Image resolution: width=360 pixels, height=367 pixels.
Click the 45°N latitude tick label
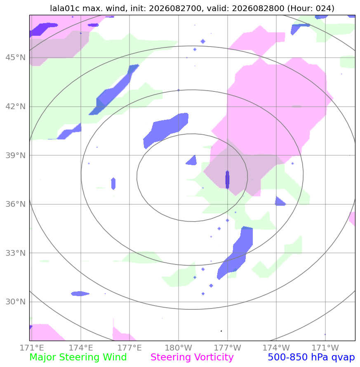point(16,57)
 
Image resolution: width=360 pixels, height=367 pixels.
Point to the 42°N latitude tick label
point(16,107)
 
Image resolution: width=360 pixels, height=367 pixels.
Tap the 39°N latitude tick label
point(16,155)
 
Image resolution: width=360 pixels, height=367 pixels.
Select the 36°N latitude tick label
point(16,204)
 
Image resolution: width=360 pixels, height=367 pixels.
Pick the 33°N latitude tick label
point(16,253)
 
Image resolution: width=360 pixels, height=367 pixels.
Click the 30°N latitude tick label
point(16,302)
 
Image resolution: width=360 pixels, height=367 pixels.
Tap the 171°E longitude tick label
point(32,348)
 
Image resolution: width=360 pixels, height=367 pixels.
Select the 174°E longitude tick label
point(81,348)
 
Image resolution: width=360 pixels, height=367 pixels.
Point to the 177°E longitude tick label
point(129,348)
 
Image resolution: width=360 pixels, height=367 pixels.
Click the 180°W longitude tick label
point(179,348)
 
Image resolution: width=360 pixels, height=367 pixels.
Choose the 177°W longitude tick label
point(227,348)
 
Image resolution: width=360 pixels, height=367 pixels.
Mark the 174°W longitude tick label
point(276,348)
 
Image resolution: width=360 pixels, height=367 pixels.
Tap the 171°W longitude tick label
point(325,348)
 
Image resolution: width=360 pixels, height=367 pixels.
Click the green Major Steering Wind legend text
point(78,358)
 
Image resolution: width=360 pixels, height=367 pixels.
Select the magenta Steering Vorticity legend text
point(192,358)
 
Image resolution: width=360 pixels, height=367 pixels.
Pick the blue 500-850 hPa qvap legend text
point(311,358)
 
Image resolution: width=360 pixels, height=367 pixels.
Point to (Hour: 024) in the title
point(311,8)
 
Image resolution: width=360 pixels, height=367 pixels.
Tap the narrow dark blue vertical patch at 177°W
point(227,180)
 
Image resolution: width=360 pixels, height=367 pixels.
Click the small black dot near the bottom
point(221,331)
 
